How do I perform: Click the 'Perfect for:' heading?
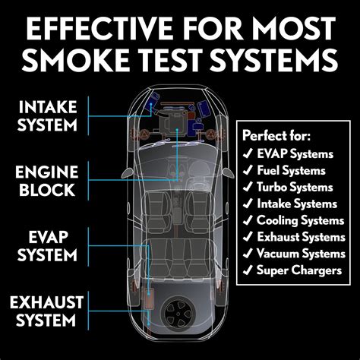276,136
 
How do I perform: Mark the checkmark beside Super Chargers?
247,270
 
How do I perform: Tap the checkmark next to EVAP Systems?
247,154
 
